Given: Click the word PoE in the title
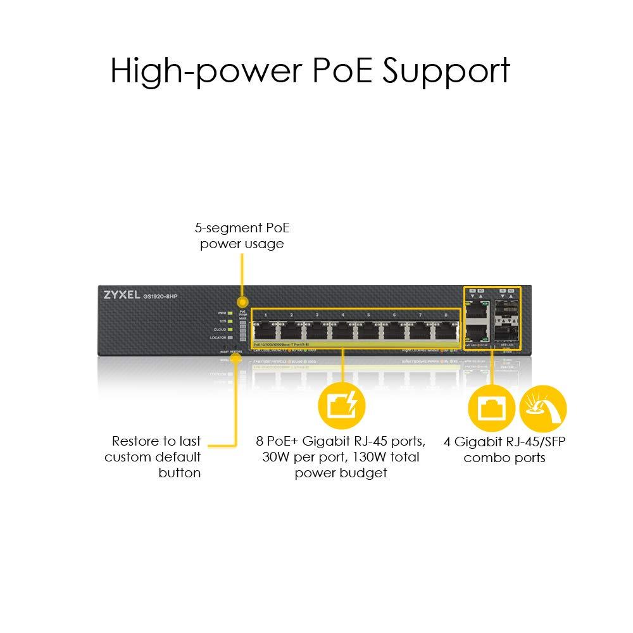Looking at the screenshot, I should pos(339,70).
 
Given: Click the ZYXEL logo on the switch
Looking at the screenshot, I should pos(121,295).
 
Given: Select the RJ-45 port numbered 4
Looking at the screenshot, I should pos(342,331).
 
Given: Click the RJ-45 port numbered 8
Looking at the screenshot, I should pos(445,331).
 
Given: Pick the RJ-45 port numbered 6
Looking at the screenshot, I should pos(394,331).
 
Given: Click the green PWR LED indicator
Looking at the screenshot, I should pos(230,313).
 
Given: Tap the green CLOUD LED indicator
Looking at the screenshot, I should pos(230,329).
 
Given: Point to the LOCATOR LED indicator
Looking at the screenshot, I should pos(230,337).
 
